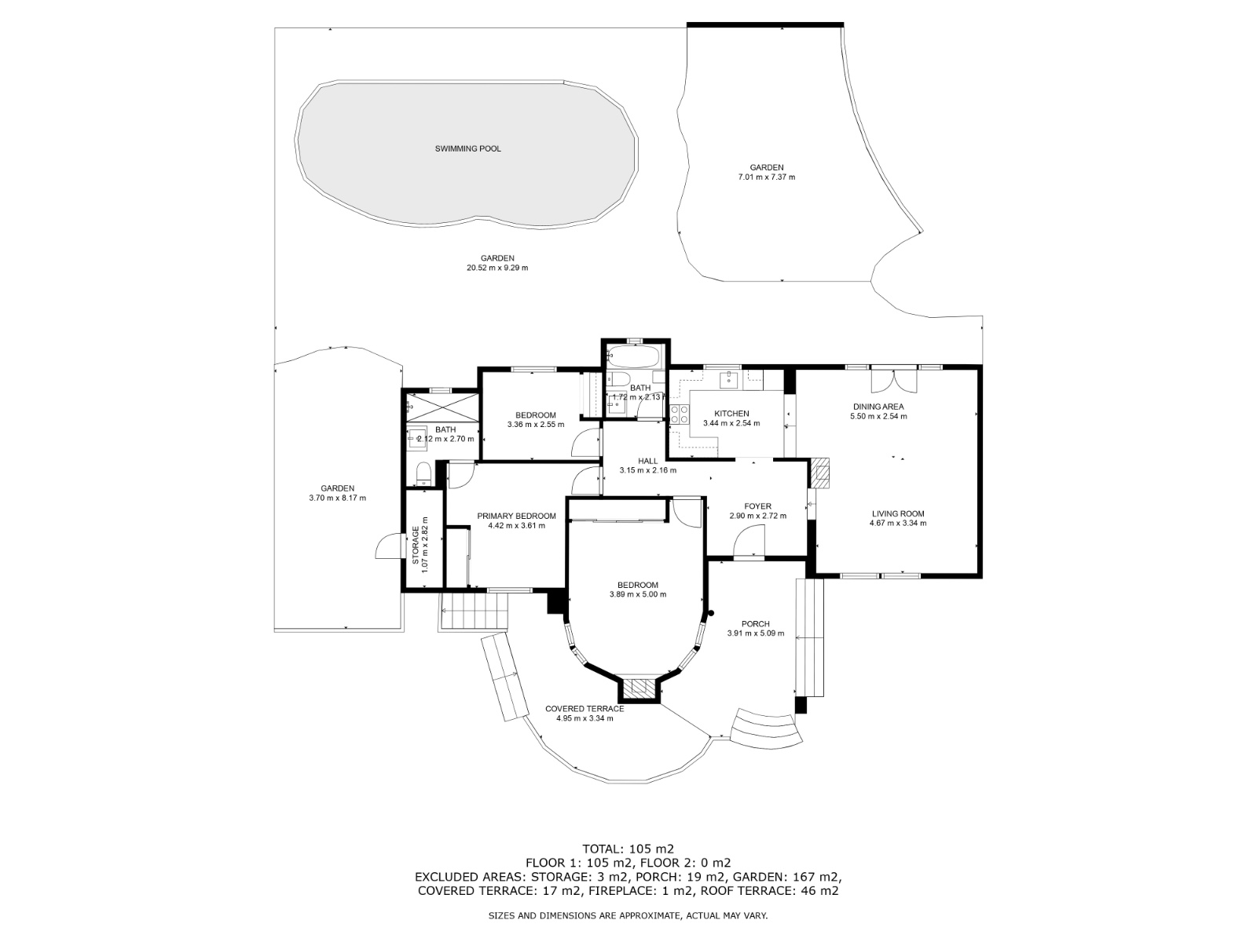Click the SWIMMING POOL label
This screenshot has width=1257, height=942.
[x=467, y=148]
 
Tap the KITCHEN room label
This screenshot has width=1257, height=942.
[x=731, y=414]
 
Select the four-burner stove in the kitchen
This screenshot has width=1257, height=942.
[x=679, y=414]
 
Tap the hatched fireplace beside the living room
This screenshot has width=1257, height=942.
[x=820, y=471]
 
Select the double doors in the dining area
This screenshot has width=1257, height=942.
[x=894, y=381]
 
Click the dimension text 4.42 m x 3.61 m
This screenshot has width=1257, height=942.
[x=516, y=525]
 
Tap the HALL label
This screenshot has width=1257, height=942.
[x=647, y=461]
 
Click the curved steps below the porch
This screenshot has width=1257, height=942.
[x=766, y=726]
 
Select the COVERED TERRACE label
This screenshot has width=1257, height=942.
[x=585, y=709]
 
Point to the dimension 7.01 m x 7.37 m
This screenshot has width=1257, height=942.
[x=766, y=177]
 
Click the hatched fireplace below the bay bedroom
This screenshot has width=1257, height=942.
[x=640, y=688]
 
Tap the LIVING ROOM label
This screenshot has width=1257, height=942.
[x=897, y=513]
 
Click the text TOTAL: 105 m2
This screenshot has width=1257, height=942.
[x=628, y=849]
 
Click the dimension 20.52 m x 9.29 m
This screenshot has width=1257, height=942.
[x=497, y=268]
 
